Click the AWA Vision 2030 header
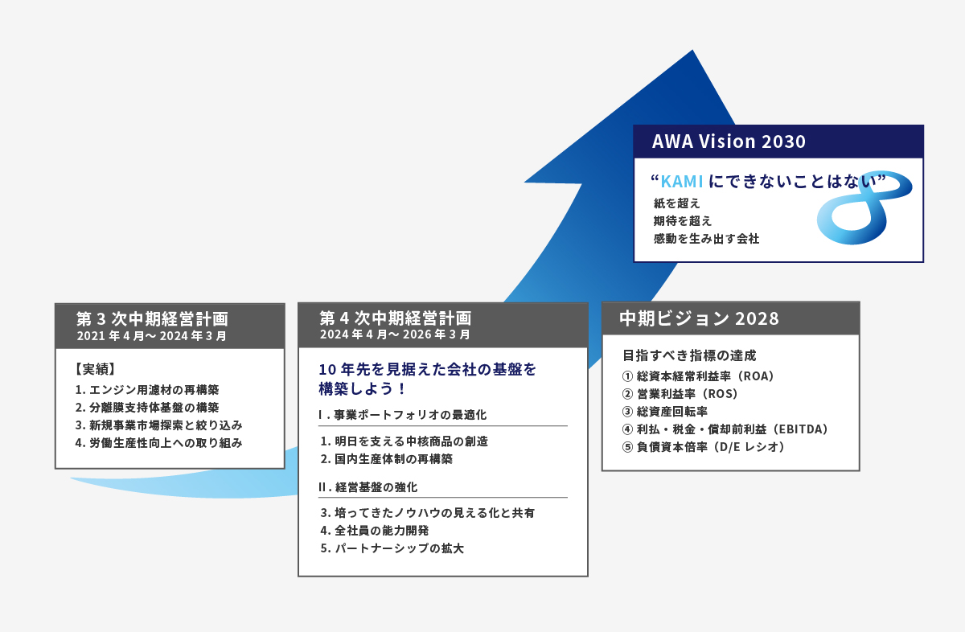729,142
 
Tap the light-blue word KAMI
682,182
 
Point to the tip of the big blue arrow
692,50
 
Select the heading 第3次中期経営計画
152,318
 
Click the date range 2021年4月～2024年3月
152,336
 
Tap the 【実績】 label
95,369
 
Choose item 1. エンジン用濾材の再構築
147,390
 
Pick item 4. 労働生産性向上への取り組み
158,443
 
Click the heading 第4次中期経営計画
395,318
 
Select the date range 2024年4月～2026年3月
395,334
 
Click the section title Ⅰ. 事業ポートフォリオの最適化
402,415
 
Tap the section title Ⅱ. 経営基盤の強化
368,487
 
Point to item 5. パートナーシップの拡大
392,548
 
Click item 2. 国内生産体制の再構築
387,459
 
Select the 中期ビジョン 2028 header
699,318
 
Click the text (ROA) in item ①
756,376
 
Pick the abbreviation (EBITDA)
800,429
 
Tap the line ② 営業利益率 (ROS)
680,394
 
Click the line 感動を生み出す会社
706,239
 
